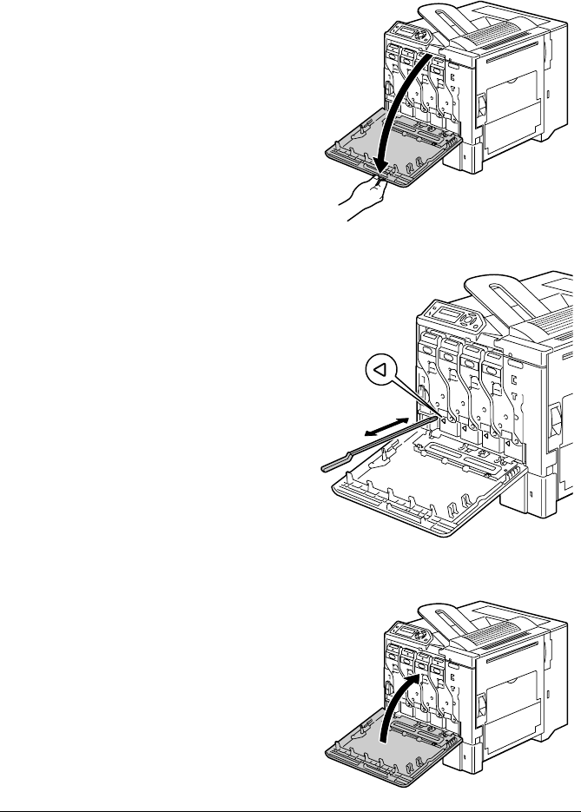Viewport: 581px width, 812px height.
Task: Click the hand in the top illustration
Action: (x=365, y=199)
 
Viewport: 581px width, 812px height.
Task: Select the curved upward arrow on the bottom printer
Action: (x=399, y=695)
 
